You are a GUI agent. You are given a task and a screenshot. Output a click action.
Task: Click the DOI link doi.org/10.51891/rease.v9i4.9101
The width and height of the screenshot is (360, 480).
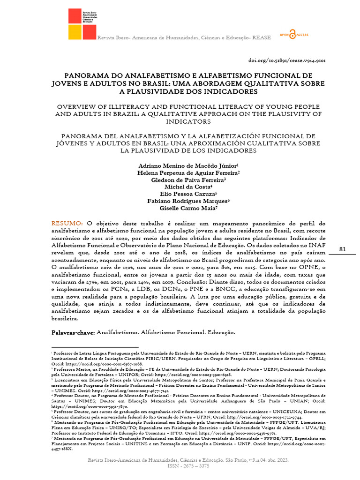[x=286, y=60]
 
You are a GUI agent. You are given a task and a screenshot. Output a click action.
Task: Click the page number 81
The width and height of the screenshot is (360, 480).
[x=342, y=249]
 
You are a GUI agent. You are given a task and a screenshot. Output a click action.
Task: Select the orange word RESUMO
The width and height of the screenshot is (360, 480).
[x=67, y=223]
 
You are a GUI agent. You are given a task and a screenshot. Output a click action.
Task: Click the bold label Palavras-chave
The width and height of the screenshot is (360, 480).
[x=73, y=332]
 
